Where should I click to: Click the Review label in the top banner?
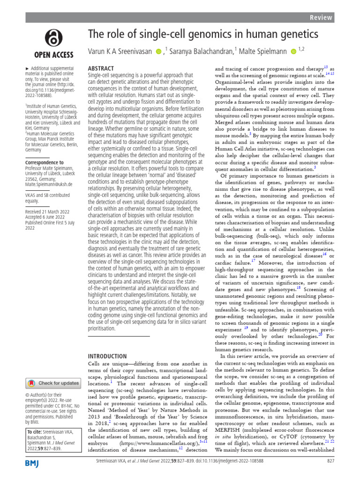tap(321, 17)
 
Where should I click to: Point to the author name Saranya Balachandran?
tap(201, 51)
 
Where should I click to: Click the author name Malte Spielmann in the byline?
tap(262, 51)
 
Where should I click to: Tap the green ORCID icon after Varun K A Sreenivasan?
tap(158, 51)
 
